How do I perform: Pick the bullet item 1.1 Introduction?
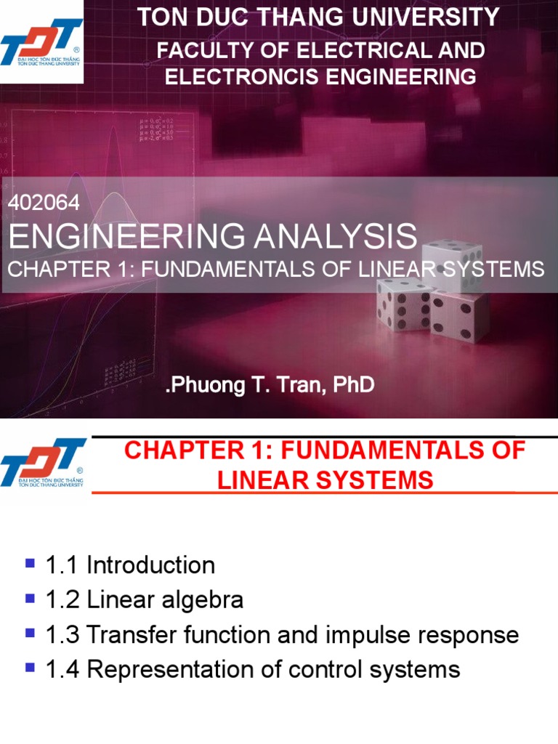pyautogui.click(x=129, y=565)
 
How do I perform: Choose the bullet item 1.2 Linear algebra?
pyautogui.click(x=144, y=599)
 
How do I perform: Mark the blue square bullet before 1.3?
pyautogui.click(x=31, y=634)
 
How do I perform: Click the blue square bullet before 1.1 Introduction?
pyautogui.click(x=31, y=563)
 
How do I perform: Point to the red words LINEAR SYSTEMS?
pyautogui.click(x=324, y=480)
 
